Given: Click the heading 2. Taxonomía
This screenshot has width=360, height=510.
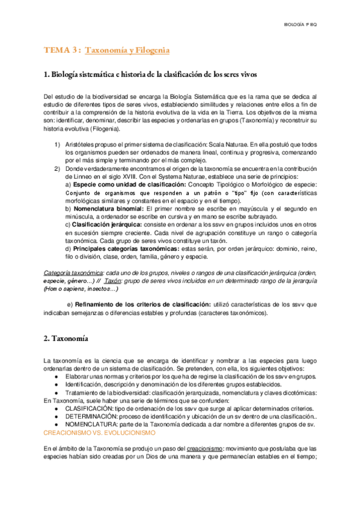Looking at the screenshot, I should tap(66, 338).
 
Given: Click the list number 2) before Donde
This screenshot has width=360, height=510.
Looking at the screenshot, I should tap(57, 168).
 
